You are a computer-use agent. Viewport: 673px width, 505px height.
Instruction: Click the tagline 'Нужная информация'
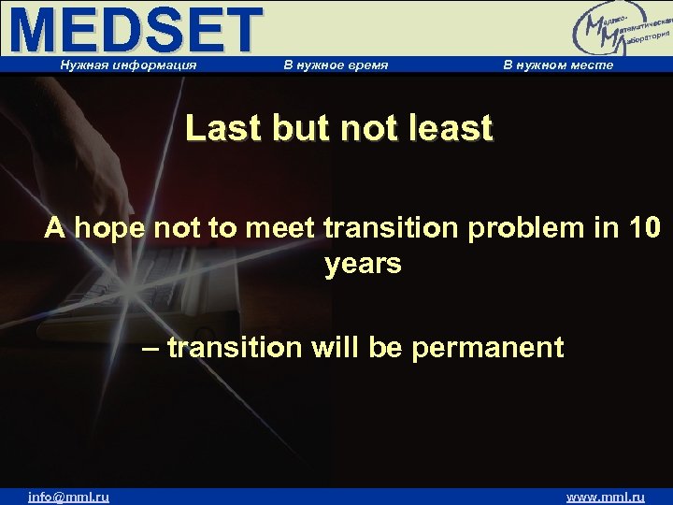click(128, 65)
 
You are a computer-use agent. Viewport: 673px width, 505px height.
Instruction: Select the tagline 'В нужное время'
click(335, 65)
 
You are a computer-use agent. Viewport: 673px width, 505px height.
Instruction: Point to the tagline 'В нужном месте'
click(558, 65)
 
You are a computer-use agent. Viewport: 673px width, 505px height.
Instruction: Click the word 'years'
click(363, 265)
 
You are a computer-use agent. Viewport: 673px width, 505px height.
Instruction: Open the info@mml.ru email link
click(68, 497)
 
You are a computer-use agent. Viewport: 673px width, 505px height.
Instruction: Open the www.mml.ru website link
click(606, 497)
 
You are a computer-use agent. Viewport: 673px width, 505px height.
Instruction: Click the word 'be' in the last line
click(384, 348)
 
